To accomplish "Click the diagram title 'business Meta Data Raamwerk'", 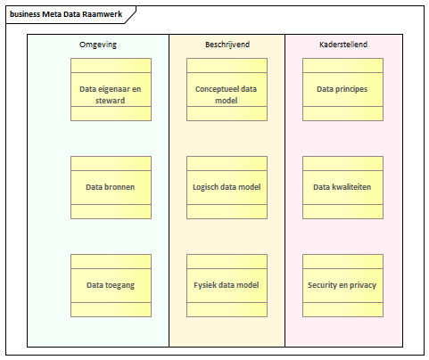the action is click(x=66, y=14).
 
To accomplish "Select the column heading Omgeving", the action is click(x=98, y=45).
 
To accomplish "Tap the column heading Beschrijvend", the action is click(x=227, y=45).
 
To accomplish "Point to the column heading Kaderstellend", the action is click(x=343, y=45).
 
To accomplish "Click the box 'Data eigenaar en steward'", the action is click(x=111, y=89).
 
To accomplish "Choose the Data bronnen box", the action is click(x=111, y=187).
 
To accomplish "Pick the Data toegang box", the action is click(x=111, y=285).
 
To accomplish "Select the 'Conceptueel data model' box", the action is click(x=227, y=89).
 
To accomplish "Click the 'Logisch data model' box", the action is click(x=227, y=187).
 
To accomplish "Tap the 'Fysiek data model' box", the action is click(x=227, y=285).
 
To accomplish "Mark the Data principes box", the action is click(x=342, y=89).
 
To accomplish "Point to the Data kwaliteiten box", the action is click(x=342, y=187).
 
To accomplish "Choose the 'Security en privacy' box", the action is click(x=342, y=285).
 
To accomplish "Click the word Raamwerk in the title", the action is click(x=103, y=14).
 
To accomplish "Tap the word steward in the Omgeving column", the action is click(x=110, y=101).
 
